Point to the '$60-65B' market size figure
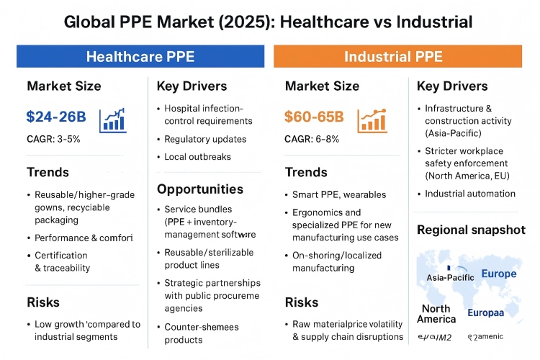[314, 117]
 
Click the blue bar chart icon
[114, 119]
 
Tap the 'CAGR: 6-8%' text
[312, 138]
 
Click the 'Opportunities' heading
[200, 189]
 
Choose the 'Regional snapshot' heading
[471, 230]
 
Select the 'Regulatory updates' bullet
[205, 139]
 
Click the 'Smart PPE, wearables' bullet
[339, 194]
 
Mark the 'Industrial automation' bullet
[470, 194]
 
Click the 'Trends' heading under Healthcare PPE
[48, 173]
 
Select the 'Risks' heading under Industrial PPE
[302, 302]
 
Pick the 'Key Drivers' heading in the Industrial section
[452, 86]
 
